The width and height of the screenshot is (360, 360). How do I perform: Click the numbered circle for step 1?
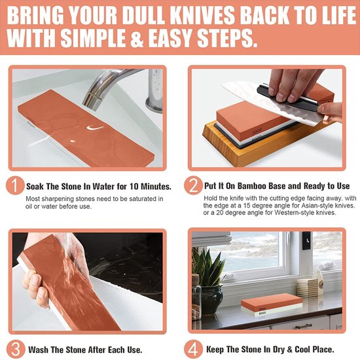pyautogui.click(x=15, y=185)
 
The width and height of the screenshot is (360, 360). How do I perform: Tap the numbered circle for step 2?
pyautogui.click(x=193, y=185)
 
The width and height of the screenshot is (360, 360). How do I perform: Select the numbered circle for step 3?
pyautogui.click(x=16, y=350)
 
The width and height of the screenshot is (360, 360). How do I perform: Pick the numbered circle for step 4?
pyautogui.click(x=193, y=350)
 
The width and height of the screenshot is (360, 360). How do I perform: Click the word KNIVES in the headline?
pyautogui.click(x=202, y=16)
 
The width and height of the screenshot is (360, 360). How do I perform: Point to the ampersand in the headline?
pyautogui.click(x=137, y=38)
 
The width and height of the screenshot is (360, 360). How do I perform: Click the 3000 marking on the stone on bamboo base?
pyautogui.click(x=257, y=132)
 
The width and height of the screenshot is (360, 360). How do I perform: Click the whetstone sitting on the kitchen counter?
pyautogui.click(x=272, y=304)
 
